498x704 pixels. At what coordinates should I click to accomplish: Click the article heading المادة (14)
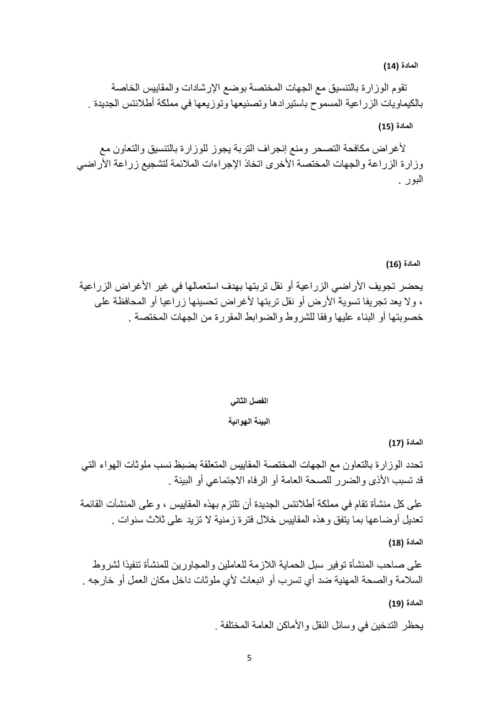tap(401, 65)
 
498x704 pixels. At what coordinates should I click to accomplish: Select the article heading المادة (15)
tap(396, 126)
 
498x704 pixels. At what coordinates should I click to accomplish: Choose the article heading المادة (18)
tap(406, 542)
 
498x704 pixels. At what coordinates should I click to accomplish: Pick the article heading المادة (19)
tap(406, 603)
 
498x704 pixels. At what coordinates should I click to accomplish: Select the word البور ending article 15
tap(411, 179)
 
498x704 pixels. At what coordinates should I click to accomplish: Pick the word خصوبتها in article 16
tap(403, 317)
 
